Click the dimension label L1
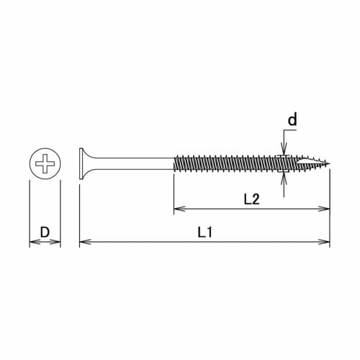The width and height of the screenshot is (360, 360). coord(204,232)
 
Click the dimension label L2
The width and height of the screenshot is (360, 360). coord(251,199)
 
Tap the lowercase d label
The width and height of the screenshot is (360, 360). coord(292,120)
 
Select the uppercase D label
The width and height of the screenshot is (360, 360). coord(45,232)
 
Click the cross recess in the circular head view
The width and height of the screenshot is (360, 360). coord(45,164)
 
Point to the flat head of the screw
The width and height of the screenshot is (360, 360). coord(79,164)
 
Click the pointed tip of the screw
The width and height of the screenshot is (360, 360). coord(328,164)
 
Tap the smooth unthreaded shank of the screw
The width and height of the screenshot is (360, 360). coord(137,164)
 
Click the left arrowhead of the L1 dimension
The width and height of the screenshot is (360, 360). coord(83,242)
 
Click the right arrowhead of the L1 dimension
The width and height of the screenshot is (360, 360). coord(325,242)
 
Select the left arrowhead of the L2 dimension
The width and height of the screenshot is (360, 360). coord(178,210)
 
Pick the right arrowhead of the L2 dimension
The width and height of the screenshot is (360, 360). coord(325,210)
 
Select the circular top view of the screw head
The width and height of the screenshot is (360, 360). coord(45,164)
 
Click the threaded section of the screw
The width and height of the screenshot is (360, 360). coord(238,164)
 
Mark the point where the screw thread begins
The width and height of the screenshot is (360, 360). coord(174,164)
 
